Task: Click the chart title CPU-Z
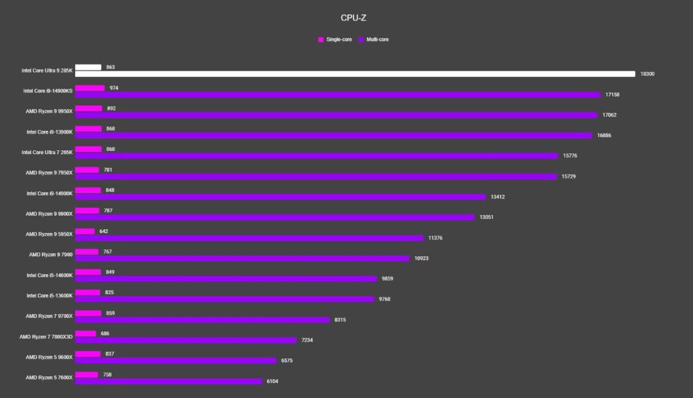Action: [x=354, y=18]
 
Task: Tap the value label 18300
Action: [x=647, y=74]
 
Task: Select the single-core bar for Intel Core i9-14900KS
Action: [x=90, y=88]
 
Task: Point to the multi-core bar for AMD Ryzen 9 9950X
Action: [x=336, y=115]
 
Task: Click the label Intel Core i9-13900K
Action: [x=49, y=132]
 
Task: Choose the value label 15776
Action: [x=570, y=155]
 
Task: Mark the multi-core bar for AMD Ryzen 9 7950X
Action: [x=316, y=176]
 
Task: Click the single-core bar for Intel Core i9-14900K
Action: [x=88, y=190]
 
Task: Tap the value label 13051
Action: [x=486, y=217]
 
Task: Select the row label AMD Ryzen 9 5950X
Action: [x=49, y=234]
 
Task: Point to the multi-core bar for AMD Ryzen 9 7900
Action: [x=242, y=258]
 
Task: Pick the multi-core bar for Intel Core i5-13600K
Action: [x=225, y=299]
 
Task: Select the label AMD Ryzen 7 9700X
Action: [x=49, y=316]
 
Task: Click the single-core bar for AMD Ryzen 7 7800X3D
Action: [x=85, y=334]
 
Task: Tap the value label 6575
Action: [x=287, y=361]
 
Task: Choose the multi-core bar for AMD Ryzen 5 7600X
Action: [x=169, y=381]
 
